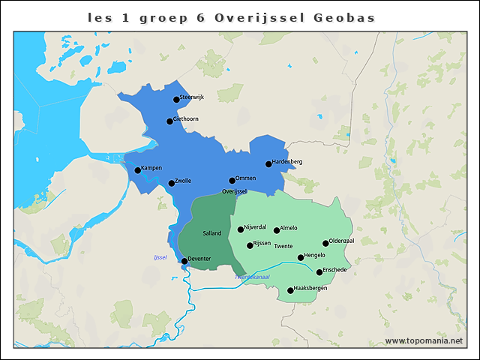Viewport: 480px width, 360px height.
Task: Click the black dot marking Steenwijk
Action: click(176, 99)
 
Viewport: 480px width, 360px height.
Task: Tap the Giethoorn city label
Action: click(186, 118)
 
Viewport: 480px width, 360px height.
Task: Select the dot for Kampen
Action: click(137, 170)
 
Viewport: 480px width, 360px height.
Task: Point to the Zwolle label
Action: click(183, 181)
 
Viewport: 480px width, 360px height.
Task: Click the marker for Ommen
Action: click(232, 180)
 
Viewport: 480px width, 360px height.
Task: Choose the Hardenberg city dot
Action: click(268, 163)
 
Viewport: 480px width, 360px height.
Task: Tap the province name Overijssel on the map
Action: click(235, 192)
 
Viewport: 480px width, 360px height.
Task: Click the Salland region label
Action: click(212, 233)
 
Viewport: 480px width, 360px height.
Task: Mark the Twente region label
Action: click(283, 247)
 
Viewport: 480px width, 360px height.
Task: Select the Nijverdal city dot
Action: click(241, 229)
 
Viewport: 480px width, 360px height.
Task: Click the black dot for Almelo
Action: click(277, 229)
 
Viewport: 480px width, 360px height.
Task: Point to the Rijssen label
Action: click(262, 243)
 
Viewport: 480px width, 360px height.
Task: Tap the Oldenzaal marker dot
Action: click(325, 243)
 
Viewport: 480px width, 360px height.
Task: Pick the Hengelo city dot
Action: click(301, 257)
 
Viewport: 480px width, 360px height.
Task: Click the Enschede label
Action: click(335, 269)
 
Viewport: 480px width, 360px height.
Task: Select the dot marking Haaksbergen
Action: click(290, 290)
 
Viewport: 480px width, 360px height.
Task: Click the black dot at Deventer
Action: click(184, 261)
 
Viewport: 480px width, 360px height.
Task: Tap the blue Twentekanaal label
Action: click(252, 277)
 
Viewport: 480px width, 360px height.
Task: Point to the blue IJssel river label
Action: click(159, 258)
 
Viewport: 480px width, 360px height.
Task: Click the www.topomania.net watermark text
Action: click(424, 340)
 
